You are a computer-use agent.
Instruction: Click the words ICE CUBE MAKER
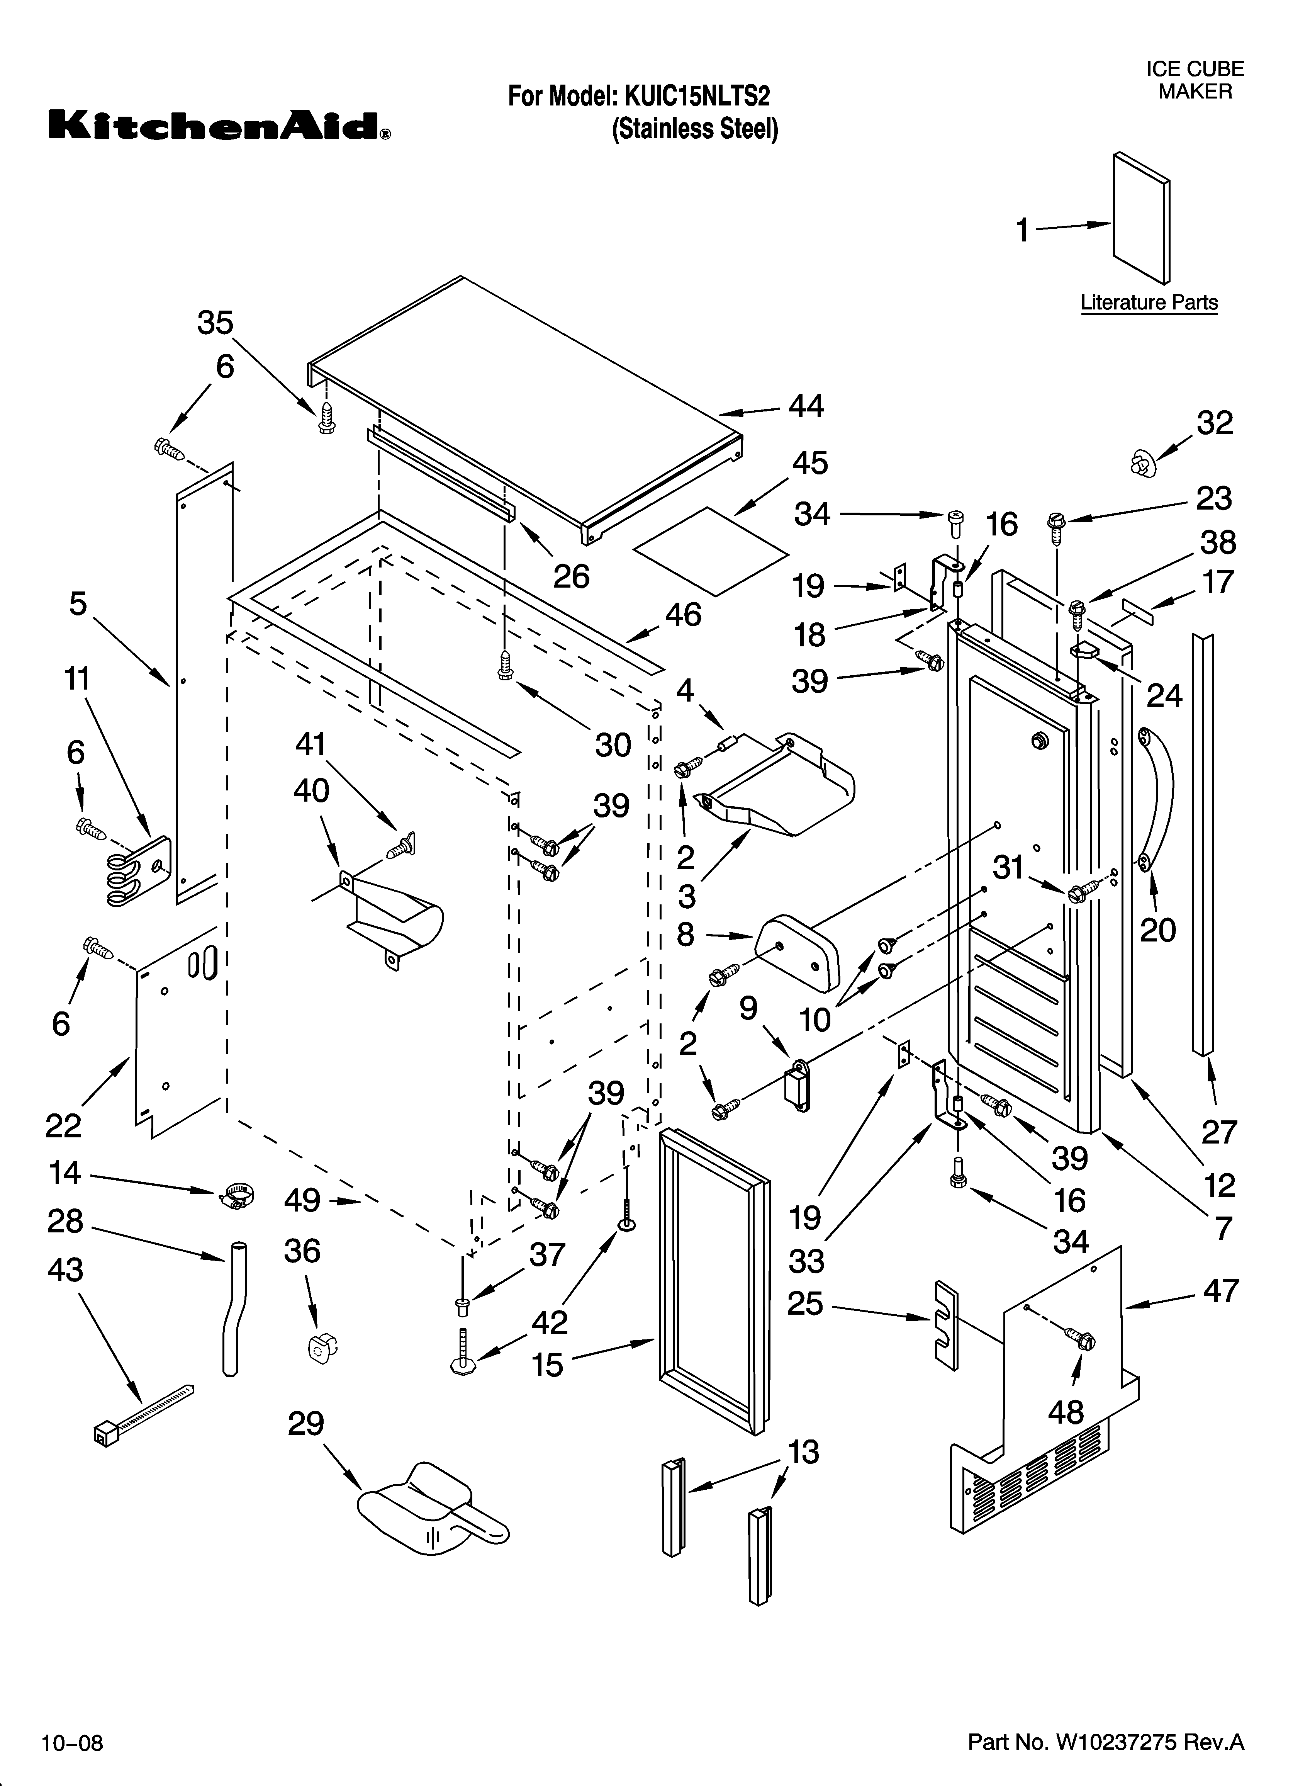tap(1195, 80)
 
